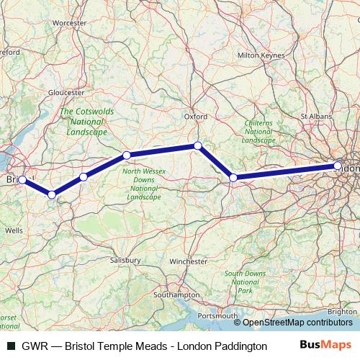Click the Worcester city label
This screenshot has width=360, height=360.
[x=69, y=22]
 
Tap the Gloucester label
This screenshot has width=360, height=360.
[x=66, y=92]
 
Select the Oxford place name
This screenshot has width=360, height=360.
[x=196, y=115]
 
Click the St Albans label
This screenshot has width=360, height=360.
[x=314, y=114]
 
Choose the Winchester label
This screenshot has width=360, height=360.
[x=189, y=261]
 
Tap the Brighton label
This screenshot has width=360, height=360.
[x=341, y=311]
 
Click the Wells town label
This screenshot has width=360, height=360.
[x=14, y=230]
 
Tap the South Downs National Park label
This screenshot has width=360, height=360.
[x=245, y=282]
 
